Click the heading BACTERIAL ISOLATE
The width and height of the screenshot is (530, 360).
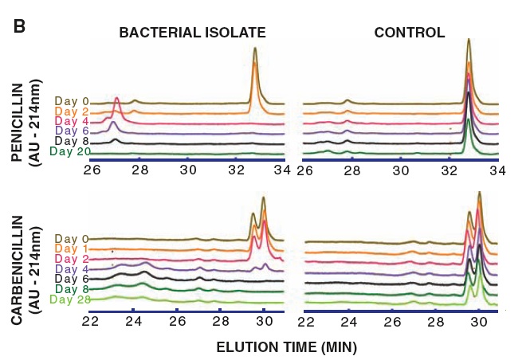pos(192,33)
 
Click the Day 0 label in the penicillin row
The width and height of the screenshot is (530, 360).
pos(70,101)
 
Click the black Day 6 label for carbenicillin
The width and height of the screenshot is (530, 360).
pos(70,280)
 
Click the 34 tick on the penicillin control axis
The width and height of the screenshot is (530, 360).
pos(498,170)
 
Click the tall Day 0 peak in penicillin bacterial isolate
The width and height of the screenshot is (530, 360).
pos(254,49)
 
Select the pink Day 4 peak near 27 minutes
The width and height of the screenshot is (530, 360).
pos(117,100)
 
